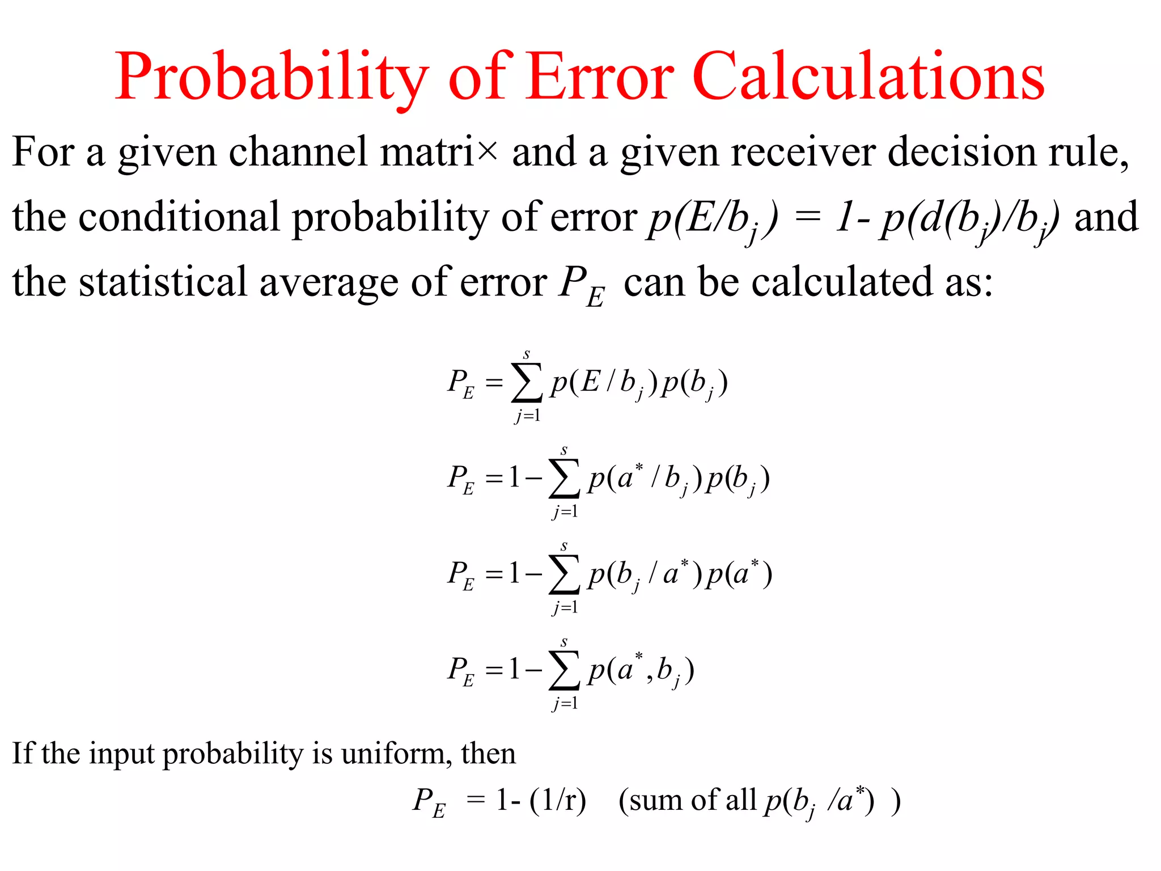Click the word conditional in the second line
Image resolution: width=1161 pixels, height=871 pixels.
pyautogui.click(x=179, y=217)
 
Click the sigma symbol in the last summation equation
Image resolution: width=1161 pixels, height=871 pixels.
pyautogui.click(x=564, y=670)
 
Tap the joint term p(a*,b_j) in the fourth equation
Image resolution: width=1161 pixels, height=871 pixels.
pyautogui.click(x=641, y=670)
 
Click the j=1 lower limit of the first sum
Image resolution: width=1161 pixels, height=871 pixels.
pyautogui.click(x=528, y=416)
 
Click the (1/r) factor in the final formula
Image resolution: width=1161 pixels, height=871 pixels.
pyautogui.click(x=558, y=800)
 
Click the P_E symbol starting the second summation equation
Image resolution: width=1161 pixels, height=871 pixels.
pyautogui.click(x=461, y=480)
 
